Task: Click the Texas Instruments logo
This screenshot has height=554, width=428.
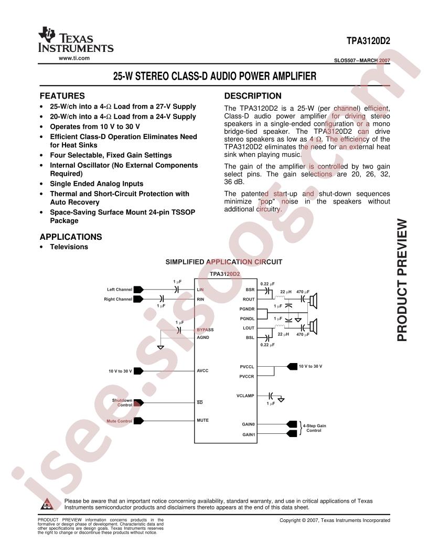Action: pos(76,40)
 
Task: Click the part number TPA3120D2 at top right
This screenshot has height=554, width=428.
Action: pos(368,41)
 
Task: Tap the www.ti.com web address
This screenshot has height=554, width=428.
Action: pos(74,58)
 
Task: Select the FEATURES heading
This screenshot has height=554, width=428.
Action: pos(62,96)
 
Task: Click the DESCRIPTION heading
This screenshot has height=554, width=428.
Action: pos(253,96)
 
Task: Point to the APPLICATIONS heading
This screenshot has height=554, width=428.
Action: pos(71,237)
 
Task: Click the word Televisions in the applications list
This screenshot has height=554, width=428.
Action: pos(69,247)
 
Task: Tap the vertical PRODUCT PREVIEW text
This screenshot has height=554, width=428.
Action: pos(402,280)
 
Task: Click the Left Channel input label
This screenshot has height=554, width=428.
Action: pos(120,290)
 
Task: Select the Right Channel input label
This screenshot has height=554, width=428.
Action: pos(118,299)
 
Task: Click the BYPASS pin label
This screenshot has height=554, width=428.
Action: pos(205,329)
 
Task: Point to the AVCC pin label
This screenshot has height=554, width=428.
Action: pos(202,370)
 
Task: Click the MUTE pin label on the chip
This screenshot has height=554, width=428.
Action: pos(202,420)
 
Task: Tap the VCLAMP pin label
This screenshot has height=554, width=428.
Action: pos(245,396)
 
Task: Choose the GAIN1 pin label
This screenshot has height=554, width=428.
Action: pos(249,434)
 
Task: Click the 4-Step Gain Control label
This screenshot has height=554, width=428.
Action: pos(314,428)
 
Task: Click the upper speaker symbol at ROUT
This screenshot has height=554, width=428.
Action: pos(313,301)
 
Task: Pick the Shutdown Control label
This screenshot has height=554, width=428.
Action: pos(122,402)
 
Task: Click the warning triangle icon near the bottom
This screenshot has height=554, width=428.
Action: pos(47,504)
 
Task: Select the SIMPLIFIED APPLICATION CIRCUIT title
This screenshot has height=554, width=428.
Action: pos(224,262)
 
